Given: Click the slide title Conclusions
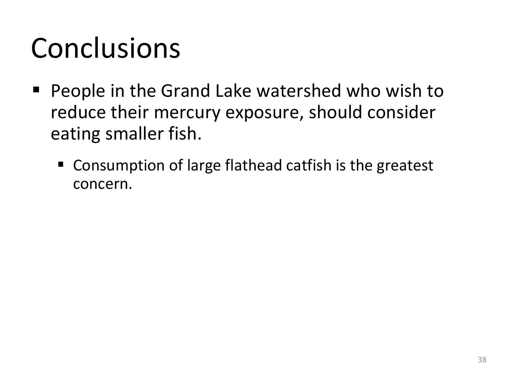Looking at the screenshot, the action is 106,48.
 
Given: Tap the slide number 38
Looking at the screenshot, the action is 482,360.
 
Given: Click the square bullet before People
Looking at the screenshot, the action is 36,89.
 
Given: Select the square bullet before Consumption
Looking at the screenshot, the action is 61,164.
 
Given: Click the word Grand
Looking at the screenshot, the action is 186,91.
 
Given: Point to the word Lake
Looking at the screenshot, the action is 233,91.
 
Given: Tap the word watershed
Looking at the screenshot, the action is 299,91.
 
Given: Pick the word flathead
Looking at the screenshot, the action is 253,165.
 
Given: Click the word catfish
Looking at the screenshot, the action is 309,165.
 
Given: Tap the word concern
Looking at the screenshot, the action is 102,184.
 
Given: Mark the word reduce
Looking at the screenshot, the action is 78,112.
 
